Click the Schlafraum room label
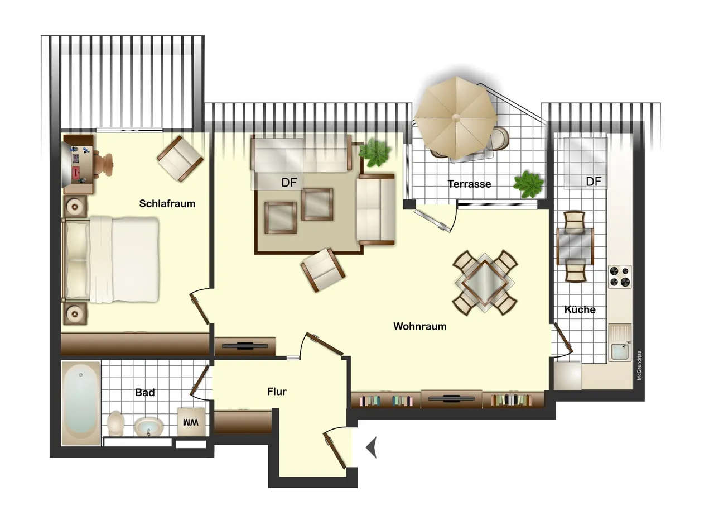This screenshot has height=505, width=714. coord(167,204)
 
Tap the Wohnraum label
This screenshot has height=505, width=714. coord(420,326)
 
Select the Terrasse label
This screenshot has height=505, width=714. coord(469,184)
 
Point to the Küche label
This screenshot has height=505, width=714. coord(580,309)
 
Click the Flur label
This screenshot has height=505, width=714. coord(277,392)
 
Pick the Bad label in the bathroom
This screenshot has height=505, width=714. coord(145,392)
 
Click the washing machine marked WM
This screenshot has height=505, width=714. coord(191,421)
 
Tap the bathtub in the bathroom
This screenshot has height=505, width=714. coord(81,403)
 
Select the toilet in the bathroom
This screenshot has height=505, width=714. coord(115,423)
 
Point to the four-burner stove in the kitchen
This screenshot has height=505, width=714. coord(620,277)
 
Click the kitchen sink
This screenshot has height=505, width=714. coord(620,342)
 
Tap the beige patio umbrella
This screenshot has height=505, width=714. coord(456,118)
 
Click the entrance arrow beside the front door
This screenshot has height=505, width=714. coord(372,447)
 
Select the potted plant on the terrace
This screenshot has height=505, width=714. coord(528,184)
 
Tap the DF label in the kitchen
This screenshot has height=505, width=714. coord(594,182)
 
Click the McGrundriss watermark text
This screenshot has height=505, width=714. coord(639,365)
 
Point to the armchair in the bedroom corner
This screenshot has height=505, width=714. coord(180,159)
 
